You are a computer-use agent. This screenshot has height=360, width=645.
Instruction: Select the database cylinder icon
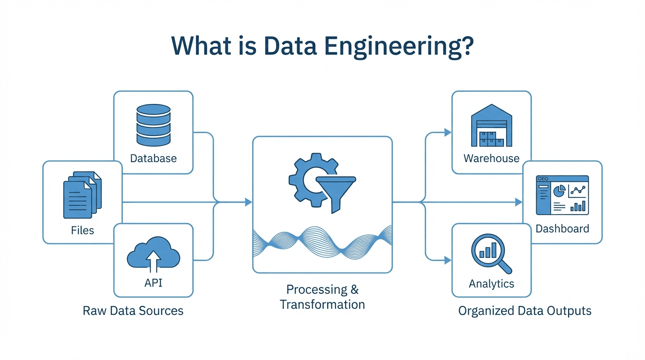153,124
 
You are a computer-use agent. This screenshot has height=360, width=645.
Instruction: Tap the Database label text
153,158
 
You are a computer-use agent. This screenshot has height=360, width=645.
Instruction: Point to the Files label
82,230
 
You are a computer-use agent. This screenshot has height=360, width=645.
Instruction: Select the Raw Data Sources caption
133,310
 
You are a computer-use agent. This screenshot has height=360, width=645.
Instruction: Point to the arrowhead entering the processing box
248,202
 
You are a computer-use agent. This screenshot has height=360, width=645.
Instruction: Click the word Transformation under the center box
322,304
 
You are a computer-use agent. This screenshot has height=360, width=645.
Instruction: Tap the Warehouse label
491,158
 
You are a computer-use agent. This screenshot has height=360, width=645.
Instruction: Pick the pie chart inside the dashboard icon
558,191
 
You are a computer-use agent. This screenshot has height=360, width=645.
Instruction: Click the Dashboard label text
562,229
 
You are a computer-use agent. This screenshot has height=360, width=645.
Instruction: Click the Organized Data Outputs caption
525,310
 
